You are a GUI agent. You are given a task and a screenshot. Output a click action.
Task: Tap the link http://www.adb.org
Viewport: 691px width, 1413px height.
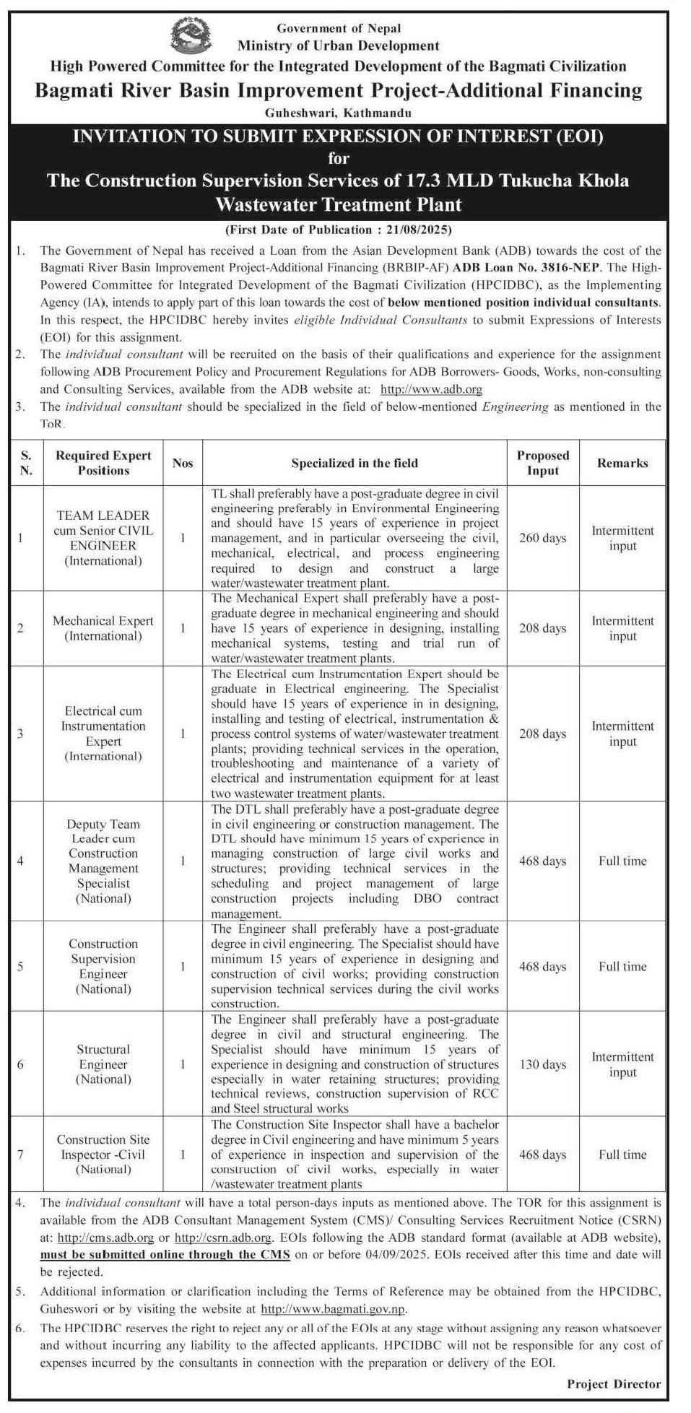[431, 389]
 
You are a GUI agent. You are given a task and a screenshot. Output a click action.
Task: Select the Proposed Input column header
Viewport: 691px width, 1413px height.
[542, 463]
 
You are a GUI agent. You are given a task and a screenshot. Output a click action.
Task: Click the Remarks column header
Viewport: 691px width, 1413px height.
[622, 463]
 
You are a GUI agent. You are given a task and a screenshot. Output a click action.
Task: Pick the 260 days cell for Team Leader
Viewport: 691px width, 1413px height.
[542, 538]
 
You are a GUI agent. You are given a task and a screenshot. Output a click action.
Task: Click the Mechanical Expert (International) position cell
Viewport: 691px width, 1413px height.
[103, 628]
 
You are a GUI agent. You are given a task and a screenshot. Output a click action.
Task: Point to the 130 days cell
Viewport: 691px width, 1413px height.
[542, 1064]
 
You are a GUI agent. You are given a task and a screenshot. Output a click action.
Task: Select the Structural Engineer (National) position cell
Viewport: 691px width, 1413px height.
[103, 1064]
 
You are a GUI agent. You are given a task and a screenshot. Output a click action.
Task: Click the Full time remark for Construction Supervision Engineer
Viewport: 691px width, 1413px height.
[622, 966]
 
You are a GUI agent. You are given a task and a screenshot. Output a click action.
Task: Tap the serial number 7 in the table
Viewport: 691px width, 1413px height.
[20, 1155]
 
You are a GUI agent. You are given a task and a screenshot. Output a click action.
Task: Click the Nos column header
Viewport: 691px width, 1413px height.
[183, 463]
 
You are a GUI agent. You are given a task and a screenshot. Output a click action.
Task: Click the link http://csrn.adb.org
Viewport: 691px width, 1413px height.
[223, 1238]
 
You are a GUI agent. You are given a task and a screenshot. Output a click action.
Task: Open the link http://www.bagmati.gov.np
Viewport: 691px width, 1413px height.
[334, 1308]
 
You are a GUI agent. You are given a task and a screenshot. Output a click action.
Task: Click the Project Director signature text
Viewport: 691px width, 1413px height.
[614, 1383]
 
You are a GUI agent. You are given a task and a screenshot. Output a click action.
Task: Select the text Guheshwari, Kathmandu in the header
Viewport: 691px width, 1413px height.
[338, 113]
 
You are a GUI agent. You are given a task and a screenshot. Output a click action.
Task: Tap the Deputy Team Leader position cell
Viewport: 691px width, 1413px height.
[103, 861]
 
